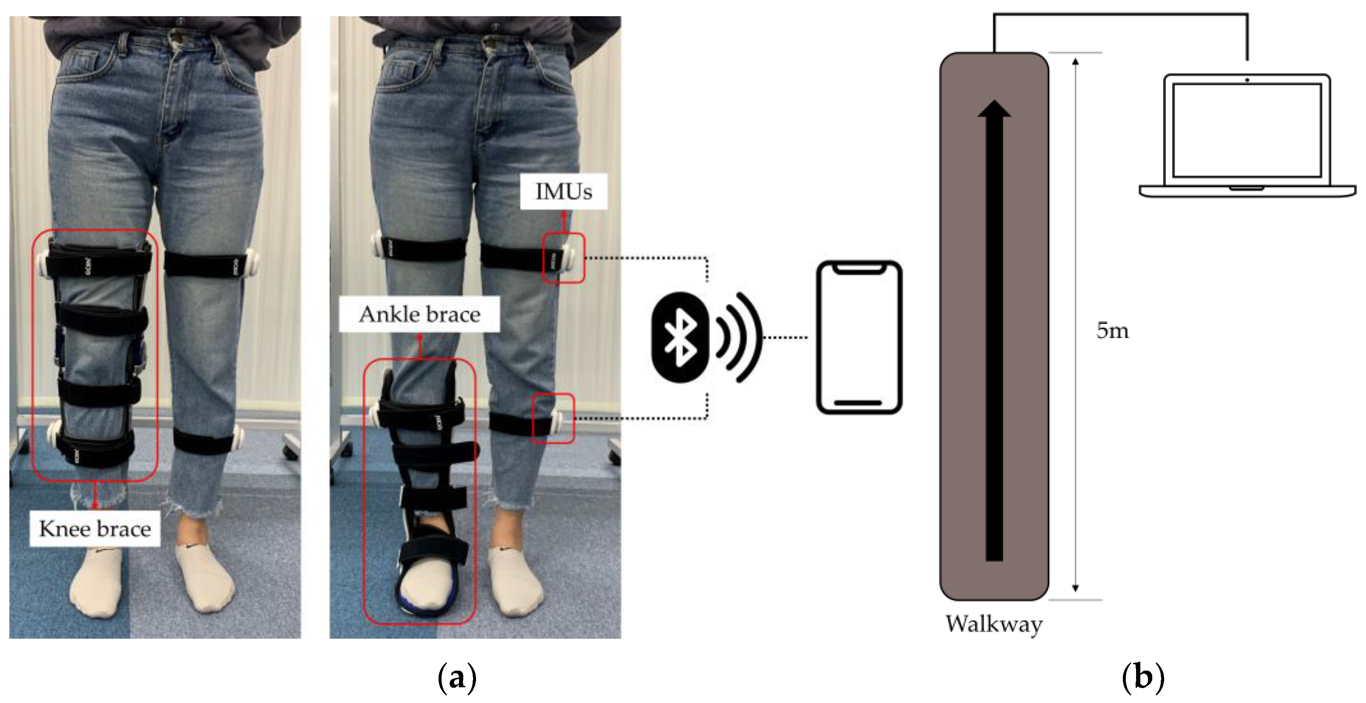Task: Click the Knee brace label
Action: [x=95, y=528]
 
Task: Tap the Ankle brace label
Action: [x=419, y=314]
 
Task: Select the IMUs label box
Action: [x=563, y=191]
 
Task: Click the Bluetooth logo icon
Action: [x=680, y=337]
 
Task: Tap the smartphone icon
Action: [x=858, y=337]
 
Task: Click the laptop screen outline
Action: [x=1246, y=130]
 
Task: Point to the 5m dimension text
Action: [x=1112, y=330]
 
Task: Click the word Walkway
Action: [x=994, y=624]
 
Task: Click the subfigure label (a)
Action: [x=457, y=677]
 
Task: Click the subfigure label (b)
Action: [x=1143, y=677]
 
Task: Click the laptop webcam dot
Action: [x=1247, y=80]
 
